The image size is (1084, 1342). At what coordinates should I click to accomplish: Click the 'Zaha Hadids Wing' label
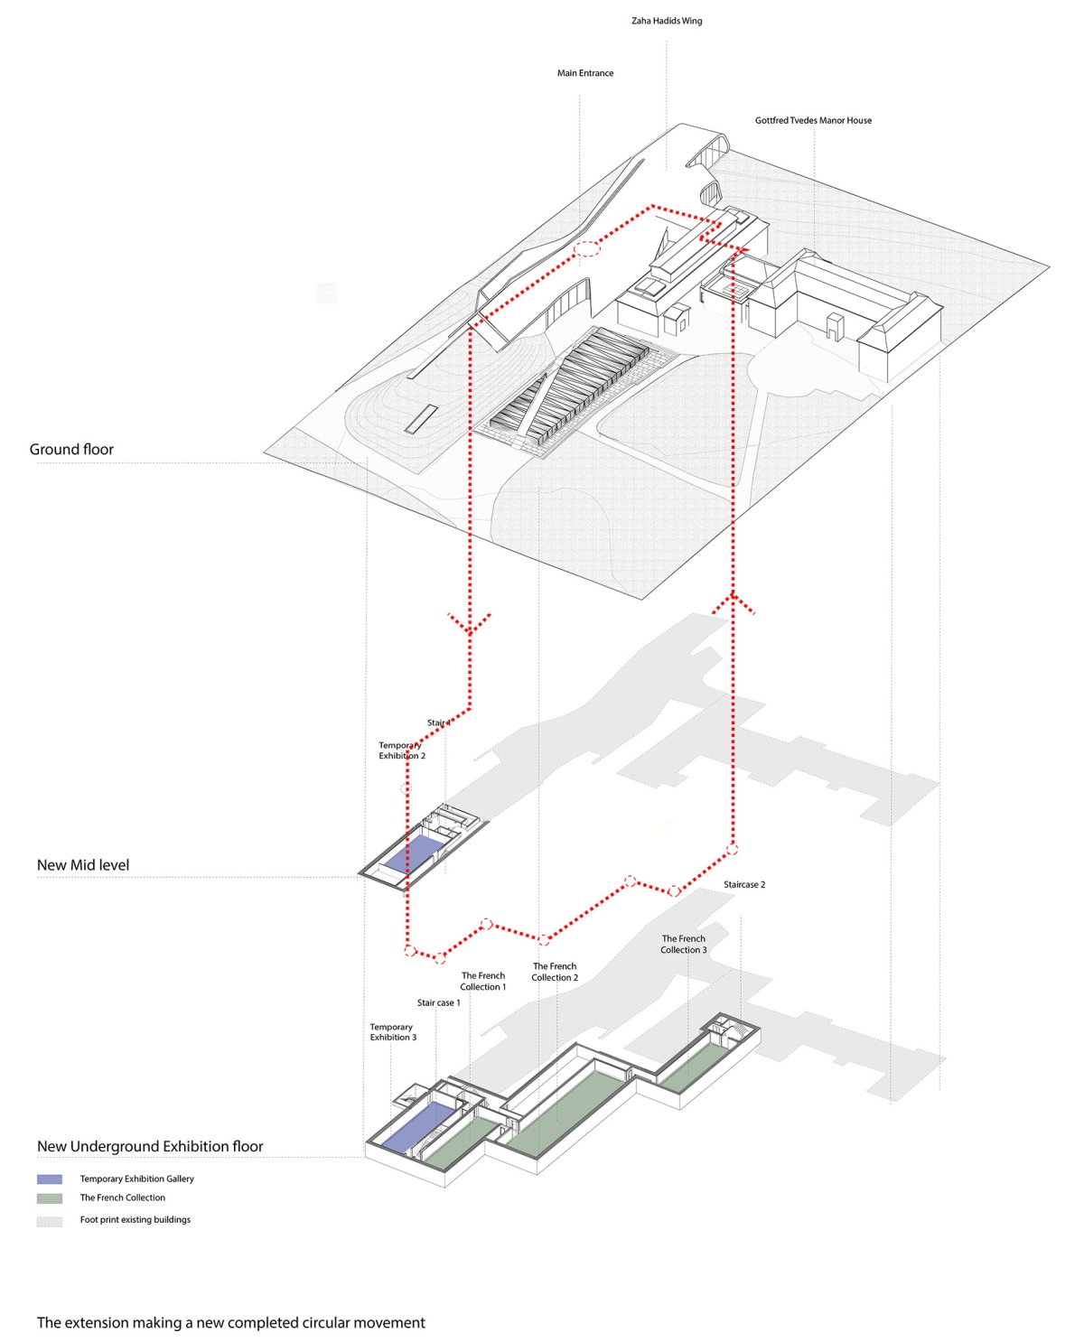pos(666,21)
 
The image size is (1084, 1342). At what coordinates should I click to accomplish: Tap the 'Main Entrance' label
pos(584,73)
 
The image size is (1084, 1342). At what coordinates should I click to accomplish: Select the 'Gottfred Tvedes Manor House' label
pos(812,120)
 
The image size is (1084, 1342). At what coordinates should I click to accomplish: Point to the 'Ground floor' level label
pos(71,449)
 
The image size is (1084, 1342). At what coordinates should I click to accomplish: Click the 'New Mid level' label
pos(82,864)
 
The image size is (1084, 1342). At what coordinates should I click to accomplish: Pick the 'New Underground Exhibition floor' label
pos(150,1146)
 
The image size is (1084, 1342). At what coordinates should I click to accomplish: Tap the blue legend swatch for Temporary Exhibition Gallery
pos(49,1179)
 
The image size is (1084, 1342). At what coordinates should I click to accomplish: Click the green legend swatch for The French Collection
pos(49,1198)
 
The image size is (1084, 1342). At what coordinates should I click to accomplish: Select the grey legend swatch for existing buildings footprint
pos(49,1222)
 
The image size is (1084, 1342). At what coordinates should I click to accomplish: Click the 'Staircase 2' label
pos(743,885)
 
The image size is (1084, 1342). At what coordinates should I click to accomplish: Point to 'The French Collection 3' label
pos(683,945)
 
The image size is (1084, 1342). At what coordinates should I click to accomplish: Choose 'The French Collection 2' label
pos(554,972)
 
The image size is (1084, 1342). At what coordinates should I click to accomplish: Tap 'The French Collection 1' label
pos(482,982)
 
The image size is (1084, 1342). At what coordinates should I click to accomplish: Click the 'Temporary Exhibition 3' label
pos(393,1032)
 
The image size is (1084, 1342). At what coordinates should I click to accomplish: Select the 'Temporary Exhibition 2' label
pos(401,750)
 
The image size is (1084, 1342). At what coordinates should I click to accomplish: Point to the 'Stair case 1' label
pos(438,1002)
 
